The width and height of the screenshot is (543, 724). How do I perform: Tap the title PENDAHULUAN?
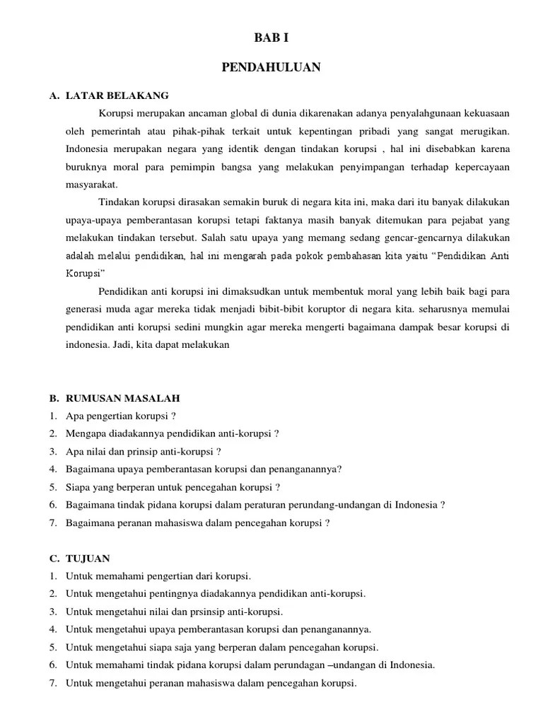coord(271,67)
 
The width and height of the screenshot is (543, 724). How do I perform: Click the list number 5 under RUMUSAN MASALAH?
coord(53,487)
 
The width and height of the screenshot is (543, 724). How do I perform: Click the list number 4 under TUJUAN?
coord(53,629)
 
